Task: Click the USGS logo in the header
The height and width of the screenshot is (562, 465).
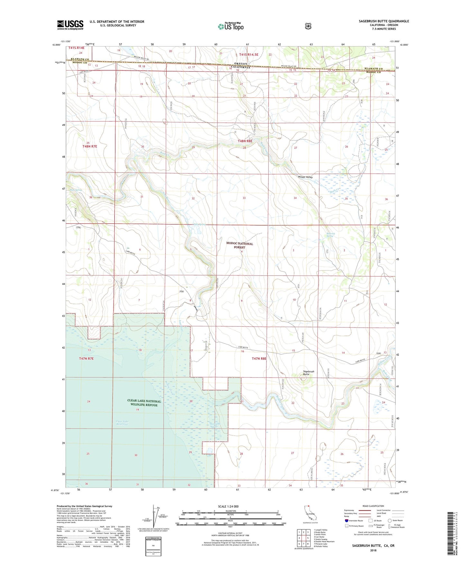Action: tap(70, 25)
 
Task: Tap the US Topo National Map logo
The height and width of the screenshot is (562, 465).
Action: tap(230, 26)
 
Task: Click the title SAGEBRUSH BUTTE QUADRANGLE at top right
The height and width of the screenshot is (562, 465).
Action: tap(384, 21)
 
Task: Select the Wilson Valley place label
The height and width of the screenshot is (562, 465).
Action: tap(305, 177)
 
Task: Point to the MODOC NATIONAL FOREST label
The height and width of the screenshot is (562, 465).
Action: tap(239, 246)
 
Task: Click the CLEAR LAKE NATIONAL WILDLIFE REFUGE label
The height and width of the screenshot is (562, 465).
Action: tap(144, 403)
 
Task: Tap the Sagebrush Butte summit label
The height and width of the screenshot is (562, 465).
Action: tap(308, 373)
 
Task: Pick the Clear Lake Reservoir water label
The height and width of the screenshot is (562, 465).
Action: tap(122, 423)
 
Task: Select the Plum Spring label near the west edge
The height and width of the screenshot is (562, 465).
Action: tap(76, 190)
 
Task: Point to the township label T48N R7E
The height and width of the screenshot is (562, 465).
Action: tap(89, 146)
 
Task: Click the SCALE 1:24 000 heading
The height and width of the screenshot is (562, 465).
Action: tap(228, 506)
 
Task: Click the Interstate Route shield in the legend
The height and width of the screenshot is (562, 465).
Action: tap(346, 520)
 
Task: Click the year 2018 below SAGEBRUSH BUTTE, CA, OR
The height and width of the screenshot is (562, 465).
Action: tap(373, 550)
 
